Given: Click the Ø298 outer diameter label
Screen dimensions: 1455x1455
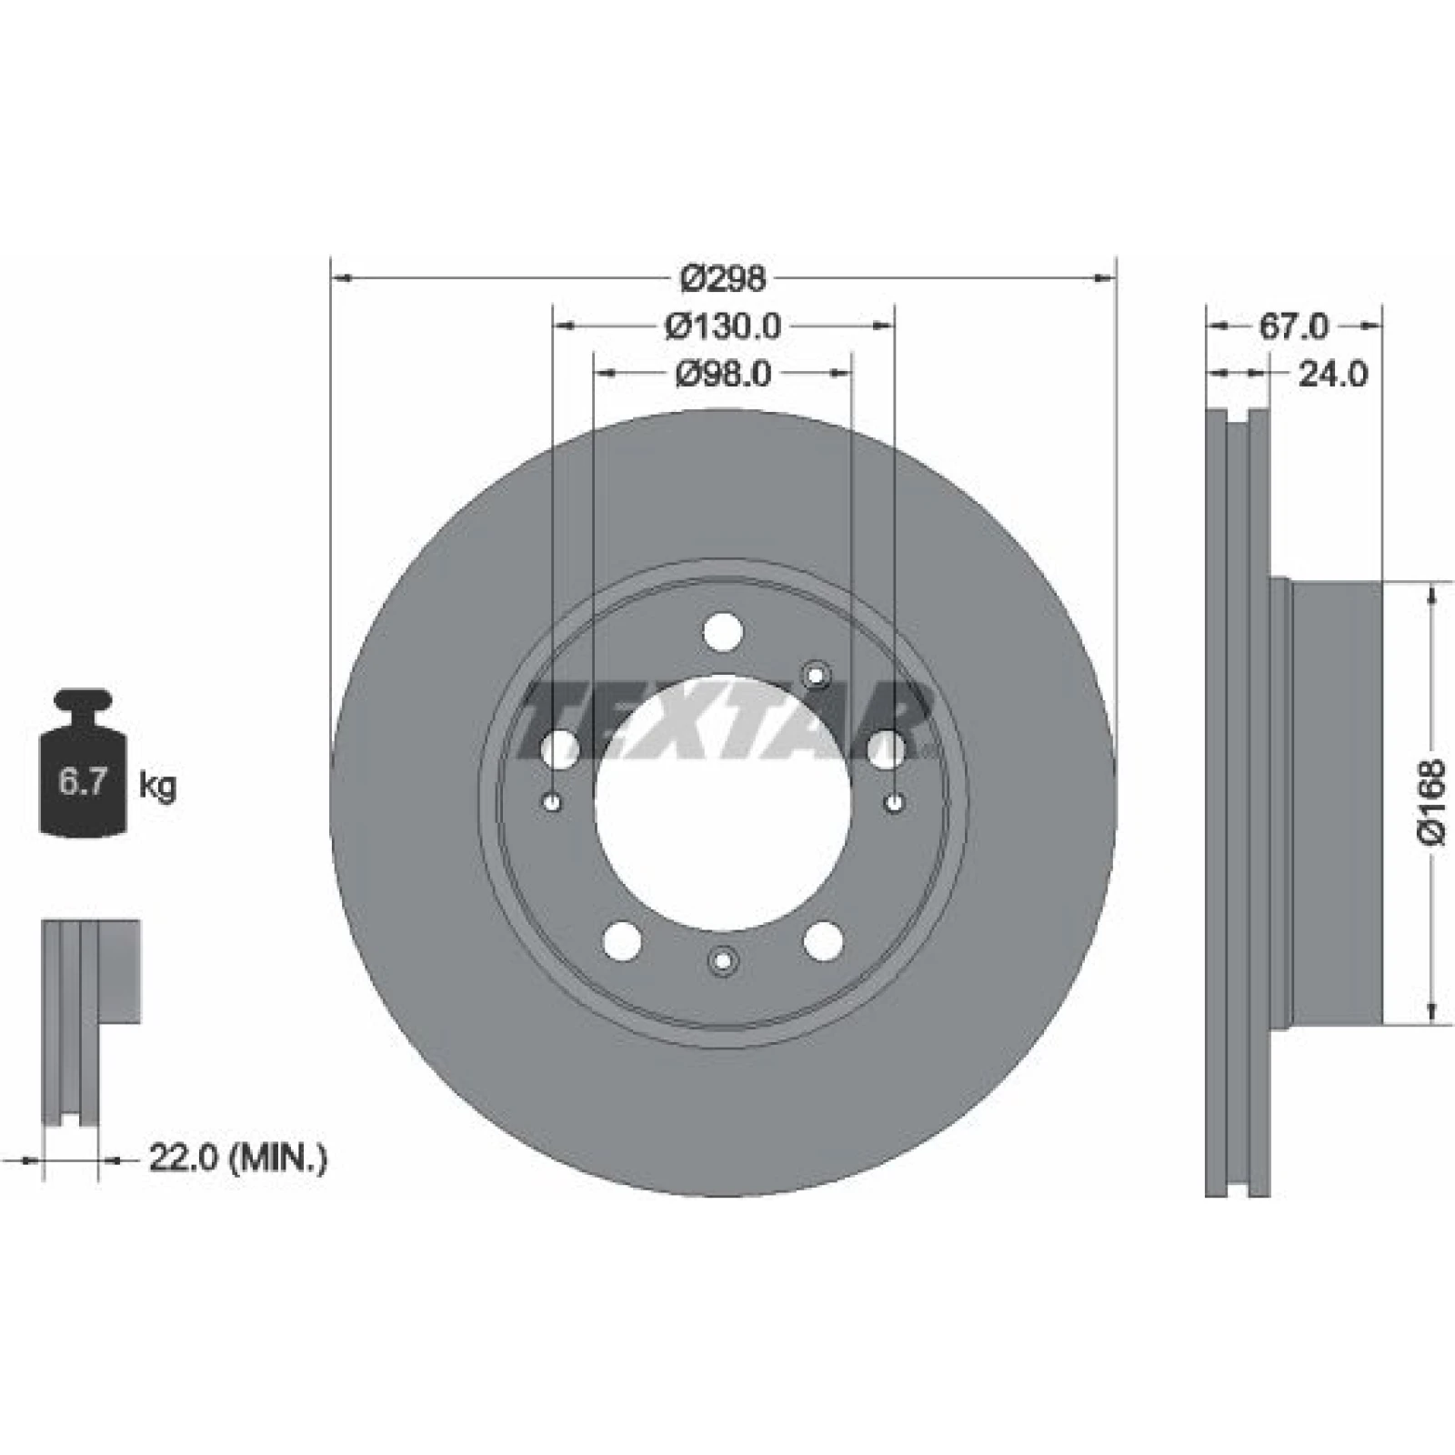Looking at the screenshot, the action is pyautogui.click(x=724, y=278).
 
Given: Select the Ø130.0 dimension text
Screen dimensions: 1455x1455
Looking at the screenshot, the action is pyautogui.click(x=723, y=326).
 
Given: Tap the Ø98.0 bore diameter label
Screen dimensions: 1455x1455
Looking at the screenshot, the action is pyautogui.click(x=723, y=373).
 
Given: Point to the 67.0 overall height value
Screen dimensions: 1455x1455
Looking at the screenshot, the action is pyautogui.click(x=1293, y=326).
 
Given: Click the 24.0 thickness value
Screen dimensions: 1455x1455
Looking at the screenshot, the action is pyautogui.click(x=1332, y=374).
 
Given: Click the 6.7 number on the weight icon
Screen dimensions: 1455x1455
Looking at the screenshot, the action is pyautogui.click(x=84, y=782).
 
